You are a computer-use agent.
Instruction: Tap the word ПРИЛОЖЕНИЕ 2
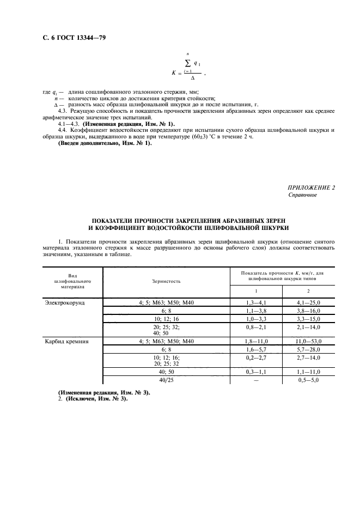[x=311, y=187]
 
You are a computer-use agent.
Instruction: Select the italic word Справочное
[x=302, y=195]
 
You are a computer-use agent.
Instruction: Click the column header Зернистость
[x=167, y=281]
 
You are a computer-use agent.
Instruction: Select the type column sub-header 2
[x=308, y=291]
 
